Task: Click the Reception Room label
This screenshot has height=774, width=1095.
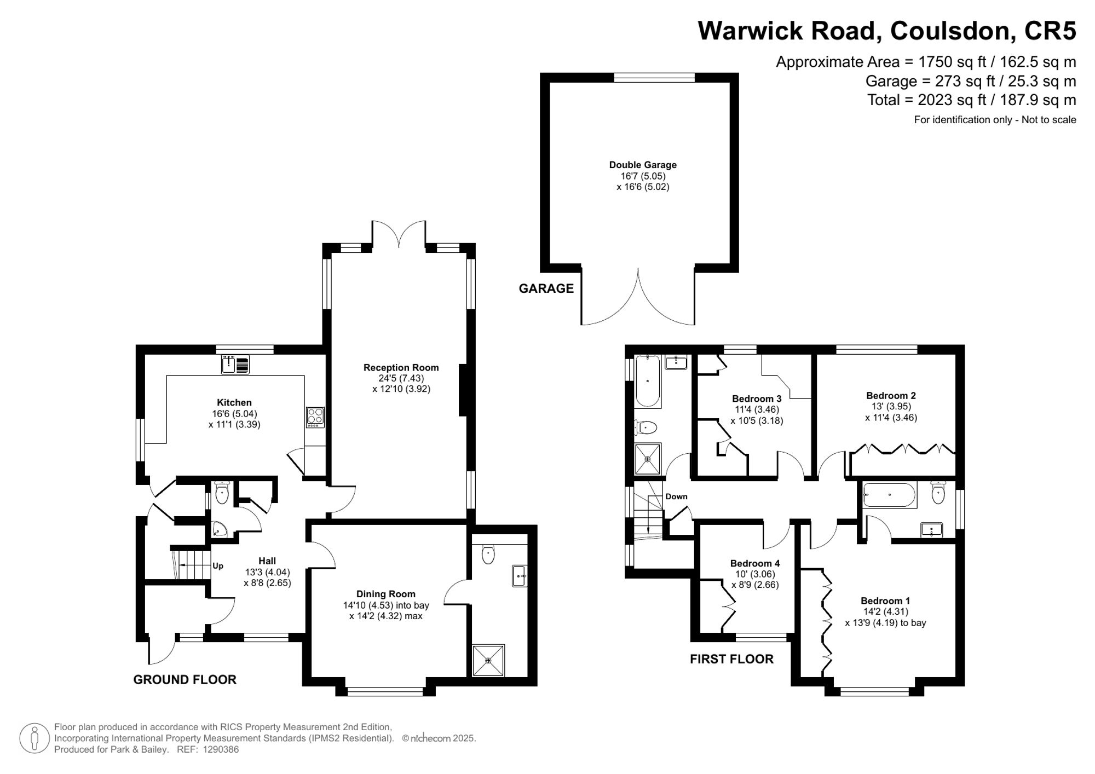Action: pyautogui.click(x=401, y=368)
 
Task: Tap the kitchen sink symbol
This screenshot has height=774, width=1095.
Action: pyautogui.click(x=235, y=364)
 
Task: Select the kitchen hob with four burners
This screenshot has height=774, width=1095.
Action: pyautogui.click(x=315, y=417)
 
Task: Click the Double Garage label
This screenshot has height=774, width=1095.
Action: pyautogui.click(x=643, y=165)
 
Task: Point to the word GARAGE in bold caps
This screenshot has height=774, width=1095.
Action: pyautogui.click(x=546, y=288)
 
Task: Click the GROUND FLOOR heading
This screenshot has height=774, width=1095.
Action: pyautogui.click(x=185, y=679)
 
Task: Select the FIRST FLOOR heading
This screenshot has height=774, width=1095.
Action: pyautogui.click(x=731, y=659)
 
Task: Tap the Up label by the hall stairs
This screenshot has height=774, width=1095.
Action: pyautogui.click(x=218, y=566)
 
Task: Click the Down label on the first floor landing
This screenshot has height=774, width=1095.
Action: pyautogui.click(x=676, y=496)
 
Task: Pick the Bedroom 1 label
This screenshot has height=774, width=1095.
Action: pyautogui.click(x=885, y=600)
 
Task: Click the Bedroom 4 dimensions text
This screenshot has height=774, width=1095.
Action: pyautogui.click(x=755, y=580)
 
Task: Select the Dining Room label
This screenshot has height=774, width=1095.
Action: pyautogui.click(x=385, y=594)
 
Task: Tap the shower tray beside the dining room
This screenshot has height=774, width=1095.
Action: pyautogui.click(x=488, y=661)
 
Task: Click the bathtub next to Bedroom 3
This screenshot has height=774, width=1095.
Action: pyautogui.click(x=648, y=381)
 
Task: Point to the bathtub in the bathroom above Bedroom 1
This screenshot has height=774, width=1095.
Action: pyautogui.click(x=889, y=495)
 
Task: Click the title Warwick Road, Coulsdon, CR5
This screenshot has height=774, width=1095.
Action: pyautogui.click(x=886, y=31)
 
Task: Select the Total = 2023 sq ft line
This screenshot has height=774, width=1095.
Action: pyautogui.click(x=971, y=100)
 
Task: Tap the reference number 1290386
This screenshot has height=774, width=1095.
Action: pyautogui.click(x=221, y=749)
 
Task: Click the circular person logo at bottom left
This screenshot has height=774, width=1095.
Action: pyautogui.click(x=34, y=738)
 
